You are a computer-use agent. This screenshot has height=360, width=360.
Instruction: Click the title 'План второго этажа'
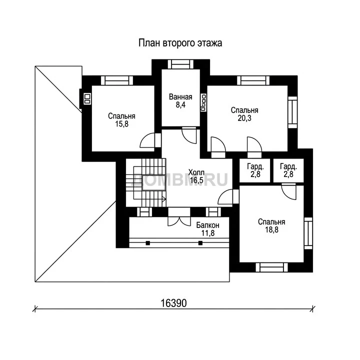[x=180, y=43]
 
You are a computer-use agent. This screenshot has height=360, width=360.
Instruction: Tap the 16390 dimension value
[x=173, y=303]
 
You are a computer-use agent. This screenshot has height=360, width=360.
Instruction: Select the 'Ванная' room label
[x=180, y=97]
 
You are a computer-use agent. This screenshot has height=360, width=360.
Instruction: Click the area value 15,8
[x=121, y=124]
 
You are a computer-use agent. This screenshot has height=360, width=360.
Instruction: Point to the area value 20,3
[x=244, y=118]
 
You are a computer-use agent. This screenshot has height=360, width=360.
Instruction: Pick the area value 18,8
[x=271, y=229]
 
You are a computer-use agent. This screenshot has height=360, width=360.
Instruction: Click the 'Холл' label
[x=196, y=172]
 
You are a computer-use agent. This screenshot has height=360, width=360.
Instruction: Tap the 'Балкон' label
[x=208, y=225]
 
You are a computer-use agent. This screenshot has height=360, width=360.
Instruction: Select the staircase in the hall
[x=146, y=182]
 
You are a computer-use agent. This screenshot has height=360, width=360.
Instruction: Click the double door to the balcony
[x=179, y=217]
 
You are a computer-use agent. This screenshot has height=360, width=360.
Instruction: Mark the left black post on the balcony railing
[x=148, y=243]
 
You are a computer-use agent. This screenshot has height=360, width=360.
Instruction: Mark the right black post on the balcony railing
[x=200, y=243]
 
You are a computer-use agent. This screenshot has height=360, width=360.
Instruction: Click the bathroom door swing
[x=189, y=135]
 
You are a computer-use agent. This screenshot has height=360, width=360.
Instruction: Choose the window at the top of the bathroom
[x=180, y=64]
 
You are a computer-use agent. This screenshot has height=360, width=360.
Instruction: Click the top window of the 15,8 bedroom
[x=117, y=80]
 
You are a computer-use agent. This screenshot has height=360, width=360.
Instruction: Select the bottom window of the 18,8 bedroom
[x=272, y=267]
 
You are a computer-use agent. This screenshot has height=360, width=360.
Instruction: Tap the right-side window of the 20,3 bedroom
[x=292, y=112]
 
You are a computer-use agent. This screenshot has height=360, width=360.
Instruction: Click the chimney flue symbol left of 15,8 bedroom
[x=87, y=98]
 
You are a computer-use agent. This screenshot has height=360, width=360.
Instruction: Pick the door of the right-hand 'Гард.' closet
[x=289, y=191]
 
